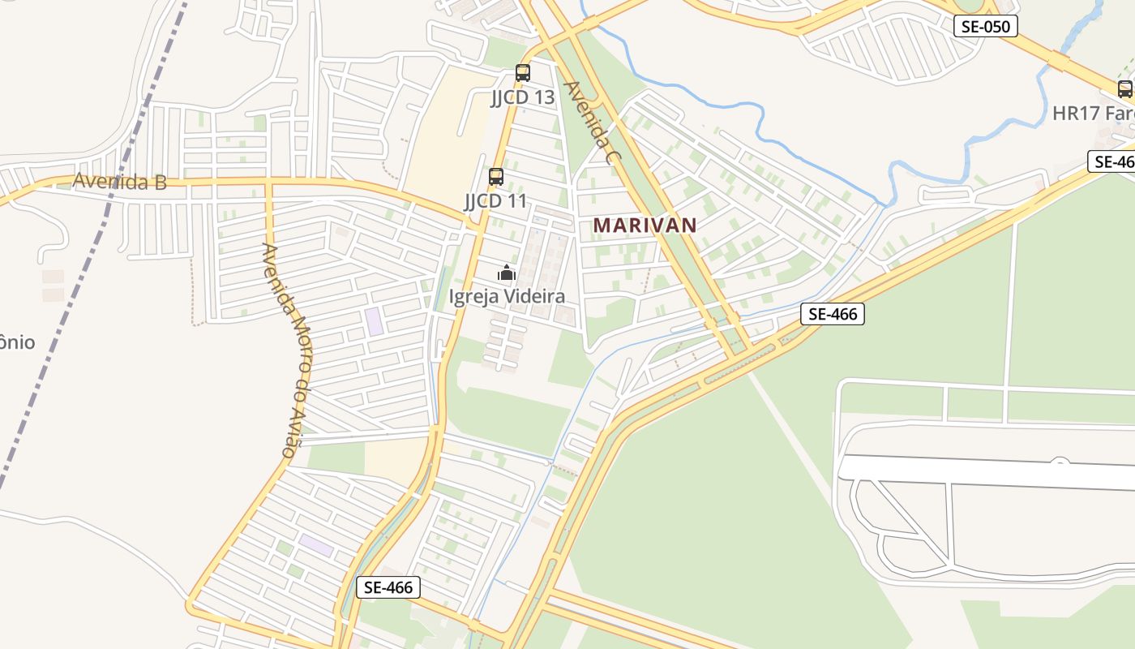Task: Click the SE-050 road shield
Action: pyautogui.click(x=985, y=26)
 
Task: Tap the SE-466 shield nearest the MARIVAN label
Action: pyautogui.click(x=833, y=314)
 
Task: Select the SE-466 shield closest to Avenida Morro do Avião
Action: pyautogui.click(x=388, y=587)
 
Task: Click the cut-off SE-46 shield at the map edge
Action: pyautogui.click(x=1112, y=161)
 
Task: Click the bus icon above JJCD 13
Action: pyautogui.click(x=523, y=73)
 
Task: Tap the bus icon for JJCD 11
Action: pyautogui.click(x=496, y=177)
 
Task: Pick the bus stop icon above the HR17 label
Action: pyautogui.click(x=1124, y=89)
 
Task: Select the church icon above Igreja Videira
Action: pyautogui.click(x=507, y=273)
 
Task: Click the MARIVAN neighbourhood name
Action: pyautogui.click(x=645, y=226)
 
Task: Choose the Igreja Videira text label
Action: pyautogui.click(x=507, y=296)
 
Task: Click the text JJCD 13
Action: pyautogui.click(x=523, y=97)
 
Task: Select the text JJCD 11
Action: pyautogui.click(x=495, y=200)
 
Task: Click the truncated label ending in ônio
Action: pyautogui.click(x=17, y=342)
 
